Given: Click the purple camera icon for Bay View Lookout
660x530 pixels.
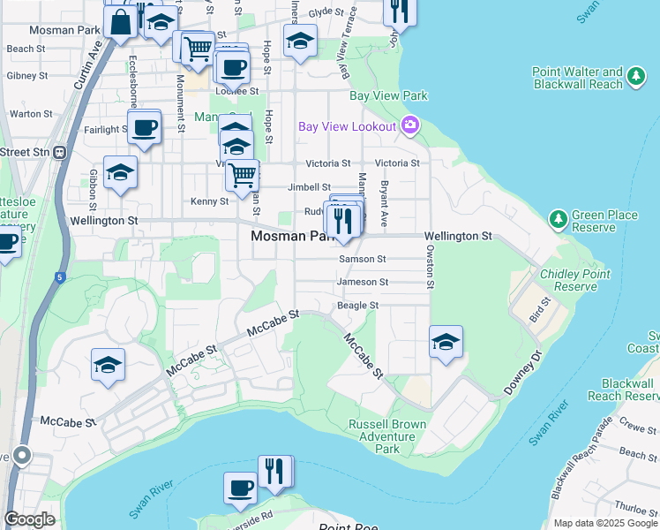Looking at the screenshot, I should (x=409, y=125).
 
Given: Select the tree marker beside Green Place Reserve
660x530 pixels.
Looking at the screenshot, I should (x=557, y=217).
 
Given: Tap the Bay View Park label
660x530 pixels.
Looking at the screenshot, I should (x=388, y=95).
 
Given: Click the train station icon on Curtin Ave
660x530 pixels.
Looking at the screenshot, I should (x=60, y=152).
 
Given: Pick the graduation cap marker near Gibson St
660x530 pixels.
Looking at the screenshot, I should (x=120, y=172).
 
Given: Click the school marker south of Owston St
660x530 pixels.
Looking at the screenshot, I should (x=446, y=342).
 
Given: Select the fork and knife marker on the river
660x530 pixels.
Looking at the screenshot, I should (x=274, y=472).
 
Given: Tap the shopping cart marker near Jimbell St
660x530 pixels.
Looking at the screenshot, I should (x=242, y=173).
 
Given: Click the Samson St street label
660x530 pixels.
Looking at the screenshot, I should (x=363, y=259).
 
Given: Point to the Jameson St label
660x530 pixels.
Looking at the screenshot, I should (x=362, y=282).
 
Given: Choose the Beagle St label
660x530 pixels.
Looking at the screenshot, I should (x=356, y=305).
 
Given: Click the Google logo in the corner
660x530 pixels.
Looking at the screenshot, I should (x=29, y=519).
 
